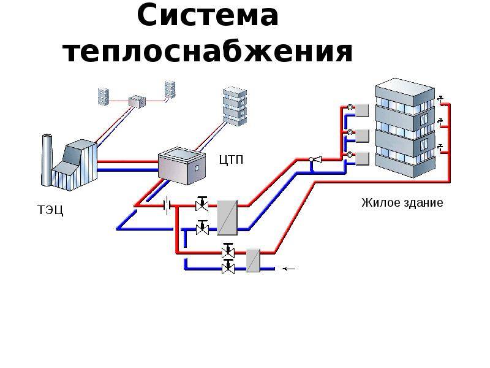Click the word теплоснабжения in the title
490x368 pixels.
208,52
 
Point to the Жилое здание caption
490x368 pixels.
402,202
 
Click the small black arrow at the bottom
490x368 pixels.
287,268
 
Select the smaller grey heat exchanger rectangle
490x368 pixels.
254,259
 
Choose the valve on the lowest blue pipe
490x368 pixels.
228,267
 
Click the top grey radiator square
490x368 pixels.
362,110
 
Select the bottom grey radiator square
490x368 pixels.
362,158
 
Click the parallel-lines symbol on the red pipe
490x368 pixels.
165,205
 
